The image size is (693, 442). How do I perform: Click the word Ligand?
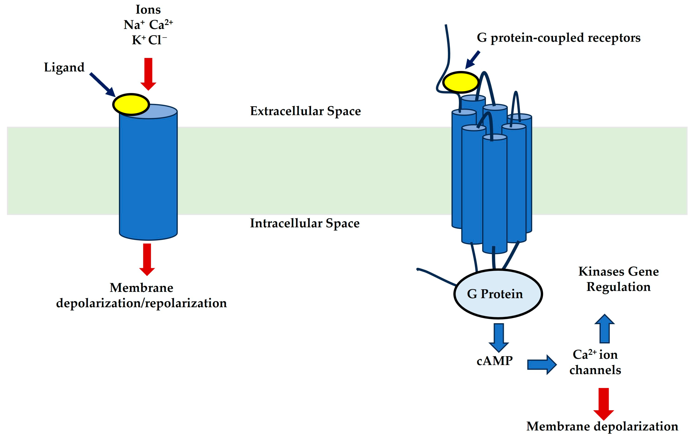pyautogui.click(x=64, y=68)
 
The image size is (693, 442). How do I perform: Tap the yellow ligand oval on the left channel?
pyautogui.click(x=131, y=104)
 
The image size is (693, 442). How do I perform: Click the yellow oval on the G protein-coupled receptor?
pyautogui.click(x=461, y=82)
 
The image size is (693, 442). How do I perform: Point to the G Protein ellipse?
pyautogui.click(x=498, y=294)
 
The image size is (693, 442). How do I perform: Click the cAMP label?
pyautogui.click(x=494, y=361)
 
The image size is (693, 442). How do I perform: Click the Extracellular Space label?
pyautogui.click(x=305, y=111)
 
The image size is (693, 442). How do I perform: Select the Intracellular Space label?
pyautogui.click(x=305, y=223)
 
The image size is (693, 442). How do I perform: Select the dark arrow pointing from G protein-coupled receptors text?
pyautogui.click(x=473, y=60)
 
